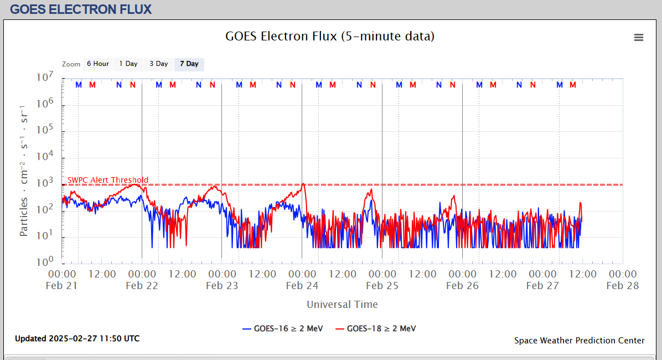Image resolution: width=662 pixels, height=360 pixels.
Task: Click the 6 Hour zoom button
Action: point(98,64)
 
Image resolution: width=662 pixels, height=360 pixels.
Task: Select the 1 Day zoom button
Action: point(128,64)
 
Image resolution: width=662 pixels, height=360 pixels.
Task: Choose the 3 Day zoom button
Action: point(159,64)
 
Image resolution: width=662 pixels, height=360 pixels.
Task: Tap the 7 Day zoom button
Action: point(189,64)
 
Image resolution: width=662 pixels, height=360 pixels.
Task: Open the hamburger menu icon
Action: point(639,37)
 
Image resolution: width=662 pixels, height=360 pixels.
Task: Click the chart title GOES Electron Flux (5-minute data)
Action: point(330,37)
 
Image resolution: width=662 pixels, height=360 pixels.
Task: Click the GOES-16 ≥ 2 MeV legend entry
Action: point(282,328)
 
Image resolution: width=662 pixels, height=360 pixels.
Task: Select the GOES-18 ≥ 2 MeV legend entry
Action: point(375,328)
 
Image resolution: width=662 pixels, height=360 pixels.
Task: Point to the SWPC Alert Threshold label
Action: point(108,180)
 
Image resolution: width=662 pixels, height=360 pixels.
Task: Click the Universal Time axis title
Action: point(342,304)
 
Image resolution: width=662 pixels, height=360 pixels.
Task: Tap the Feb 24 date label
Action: point(302,286)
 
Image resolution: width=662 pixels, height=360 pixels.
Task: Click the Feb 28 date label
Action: point(623,286)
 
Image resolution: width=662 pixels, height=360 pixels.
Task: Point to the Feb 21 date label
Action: point(62,286)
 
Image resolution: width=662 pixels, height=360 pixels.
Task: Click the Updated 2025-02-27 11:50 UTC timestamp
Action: point(77,338)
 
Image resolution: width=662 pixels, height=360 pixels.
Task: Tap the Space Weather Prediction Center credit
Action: point(580,341)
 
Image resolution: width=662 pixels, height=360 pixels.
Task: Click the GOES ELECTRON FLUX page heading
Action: point(81,9)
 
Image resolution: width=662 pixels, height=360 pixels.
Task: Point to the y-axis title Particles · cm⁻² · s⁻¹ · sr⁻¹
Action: point(24,170)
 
